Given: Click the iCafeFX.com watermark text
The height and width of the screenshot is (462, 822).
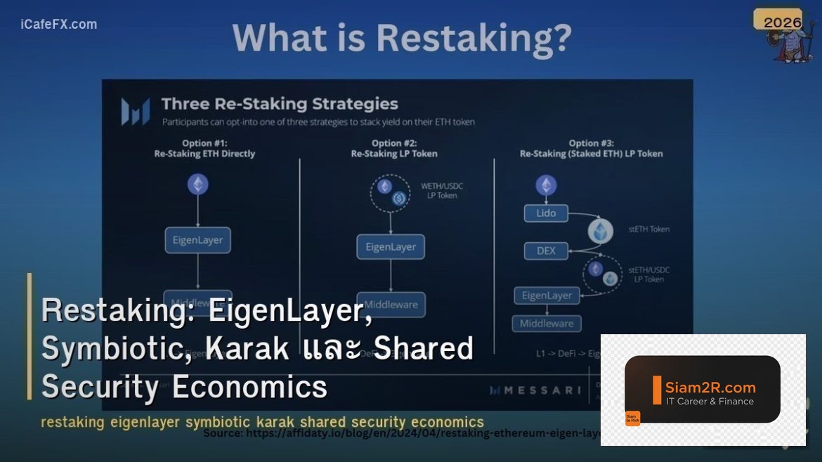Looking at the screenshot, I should tap(59, 25).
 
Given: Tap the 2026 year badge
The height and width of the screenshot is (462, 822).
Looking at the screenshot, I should tap(782, 22).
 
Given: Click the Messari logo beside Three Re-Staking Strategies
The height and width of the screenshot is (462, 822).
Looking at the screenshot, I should tap(134, 112).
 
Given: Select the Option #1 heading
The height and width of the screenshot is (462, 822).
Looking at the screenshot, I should tap(204, 148).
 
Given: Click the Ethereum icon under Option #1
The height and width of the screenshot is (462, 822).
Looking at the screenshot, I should tap(197, 185).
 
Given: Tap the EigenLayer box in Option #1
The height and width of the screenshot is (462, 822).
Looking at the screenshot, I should tap(197, 240).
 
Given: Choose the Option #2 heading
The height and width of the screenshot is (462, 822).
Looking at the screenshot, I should tap(393, 148).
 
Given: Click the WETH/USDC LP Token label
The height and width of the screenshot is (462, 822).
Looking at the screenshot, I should tap(441, 190).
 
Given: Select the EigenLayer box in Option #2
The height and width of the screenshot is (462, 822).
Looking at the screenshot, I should tap(391, 247).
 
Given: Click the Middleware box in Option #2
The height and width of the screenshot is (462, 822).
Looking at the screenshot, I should tap(391, 305).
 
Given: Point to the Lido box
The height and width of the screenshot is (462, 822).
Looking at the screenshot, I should tap(546, 213).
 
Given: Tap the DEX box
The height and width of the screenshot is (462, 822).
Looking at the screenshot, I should tap(546, 251).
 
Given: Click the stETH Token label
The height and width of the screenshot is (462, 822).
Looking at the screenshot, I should tap(648, 229).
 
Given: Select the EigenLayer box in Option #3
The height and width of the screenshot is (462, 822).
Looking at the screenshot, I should tap(547, 296).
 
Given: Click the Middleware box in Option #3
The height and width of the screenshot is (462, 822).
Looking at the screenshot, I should tap(547, 324).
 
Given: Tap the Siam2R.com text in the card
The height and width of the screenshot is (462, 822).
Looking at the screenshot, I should tap(710, 387).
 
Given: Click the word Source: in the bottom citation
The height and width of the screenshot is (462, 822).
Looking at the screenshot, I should tap(223, 433).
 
